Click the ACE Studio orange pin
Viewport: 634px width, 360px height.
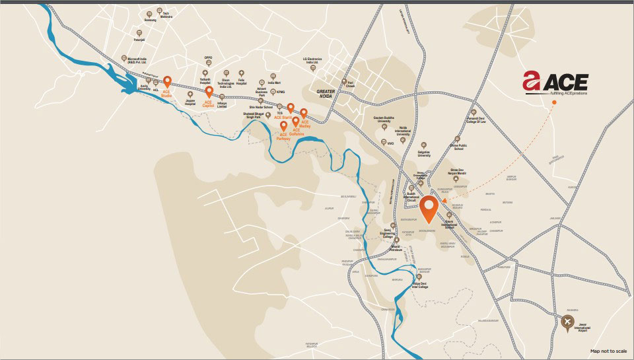tap(167, 82)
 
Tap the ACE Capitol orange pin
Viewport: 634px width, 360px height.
tap(209, 92)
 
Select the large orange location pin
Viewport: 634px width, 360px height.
tap(429, 208)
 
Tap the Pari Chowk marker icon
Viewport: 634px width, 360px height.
tap(343, 83)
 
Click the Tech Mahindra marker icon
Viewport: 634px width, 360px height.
tap(158, 11)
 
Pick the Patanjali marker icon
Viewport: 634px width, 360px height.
tap(139, 32)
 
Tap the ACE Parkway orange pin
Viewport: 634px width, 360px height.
tap(283, 126)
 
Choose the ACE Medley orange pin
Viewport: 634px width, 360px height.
tap(304, 113)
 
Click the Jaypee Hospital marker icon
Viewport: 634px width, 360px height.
tap(190, 94)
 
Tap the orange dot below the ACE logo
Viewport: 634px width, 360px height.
tap(554, 110)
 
